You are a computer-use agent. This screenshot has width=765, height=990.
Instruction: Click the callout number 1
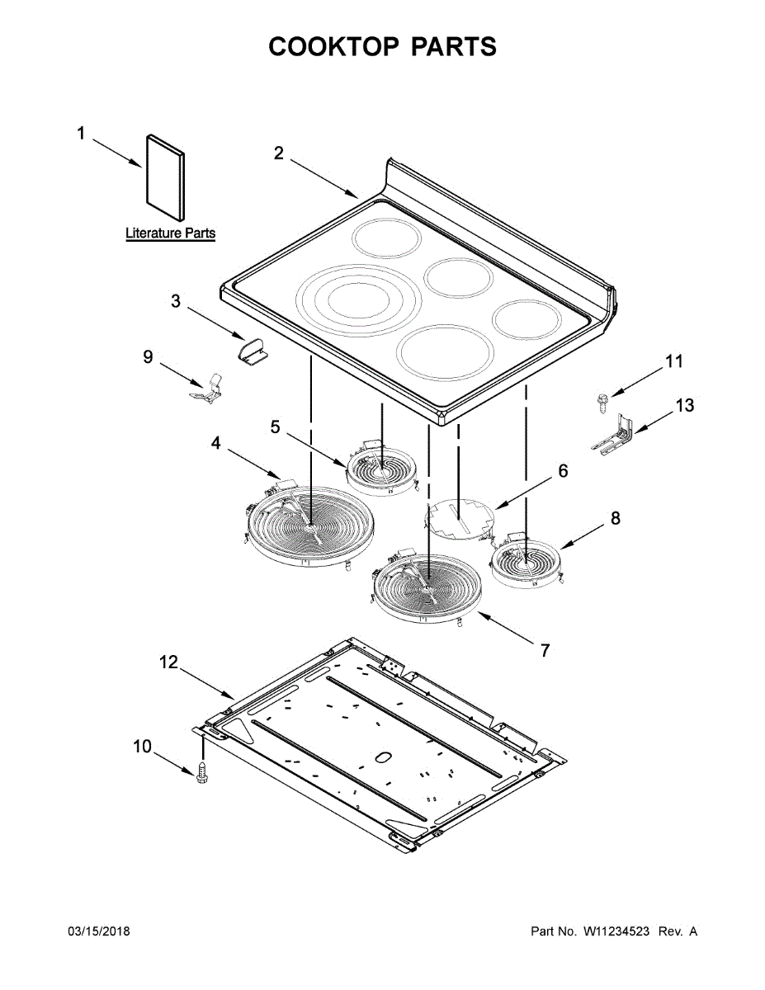coord(81,133)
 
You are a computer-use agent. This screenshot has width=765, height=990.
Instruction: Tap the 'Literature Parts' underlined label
coord(170,233)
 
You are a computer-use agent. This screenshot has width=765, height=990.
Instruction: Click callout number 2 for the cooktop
coord(279,153)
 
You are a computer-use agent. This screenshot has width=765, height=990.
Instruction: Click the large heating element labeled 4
coord(308,527)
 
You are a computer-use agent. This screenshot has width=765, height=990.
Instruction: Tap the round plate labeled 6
coord(459,516)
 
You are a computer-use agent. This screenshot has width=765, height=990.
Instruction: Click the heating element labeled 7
coord(427,586)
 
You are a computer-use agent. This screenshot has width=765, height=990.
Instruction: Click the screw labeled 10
coord(203,774)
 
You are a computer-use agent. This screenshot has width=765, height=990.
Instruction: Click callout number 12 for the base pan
coord(168,662)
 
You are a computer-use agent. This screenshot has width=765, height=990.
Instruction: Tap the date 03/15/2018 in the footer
coord(97,931)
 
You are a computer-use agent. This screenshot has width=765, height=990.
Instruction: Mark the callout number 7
coord(545,650)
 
